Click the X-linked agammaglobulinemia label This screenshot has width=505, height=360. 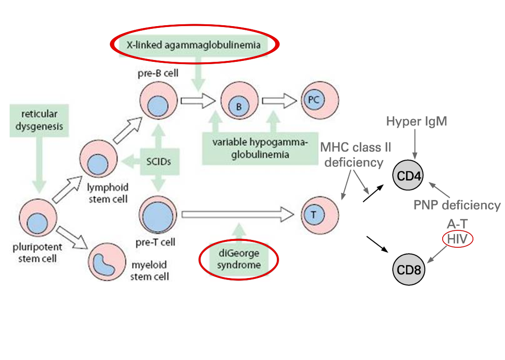click(194, 45)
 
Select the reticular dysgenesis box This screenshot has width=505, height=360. click(39, 120)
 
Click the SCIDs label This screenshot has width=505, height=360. click(159, 161)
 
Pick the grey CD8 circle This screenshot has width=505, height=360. click(409, 269)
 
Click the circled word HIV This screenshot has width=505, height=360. click(457, 239)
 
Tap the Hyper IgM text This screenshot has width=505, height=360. click(416, 121)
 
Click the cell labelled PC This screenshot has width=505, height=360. click(320, 100)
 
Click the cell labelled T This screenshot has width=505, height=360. click(320, 214)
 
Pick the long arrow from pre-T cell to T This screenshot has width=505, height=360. click(238, 213)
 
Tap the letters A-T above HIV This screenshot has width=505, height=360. click(457, 224)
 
